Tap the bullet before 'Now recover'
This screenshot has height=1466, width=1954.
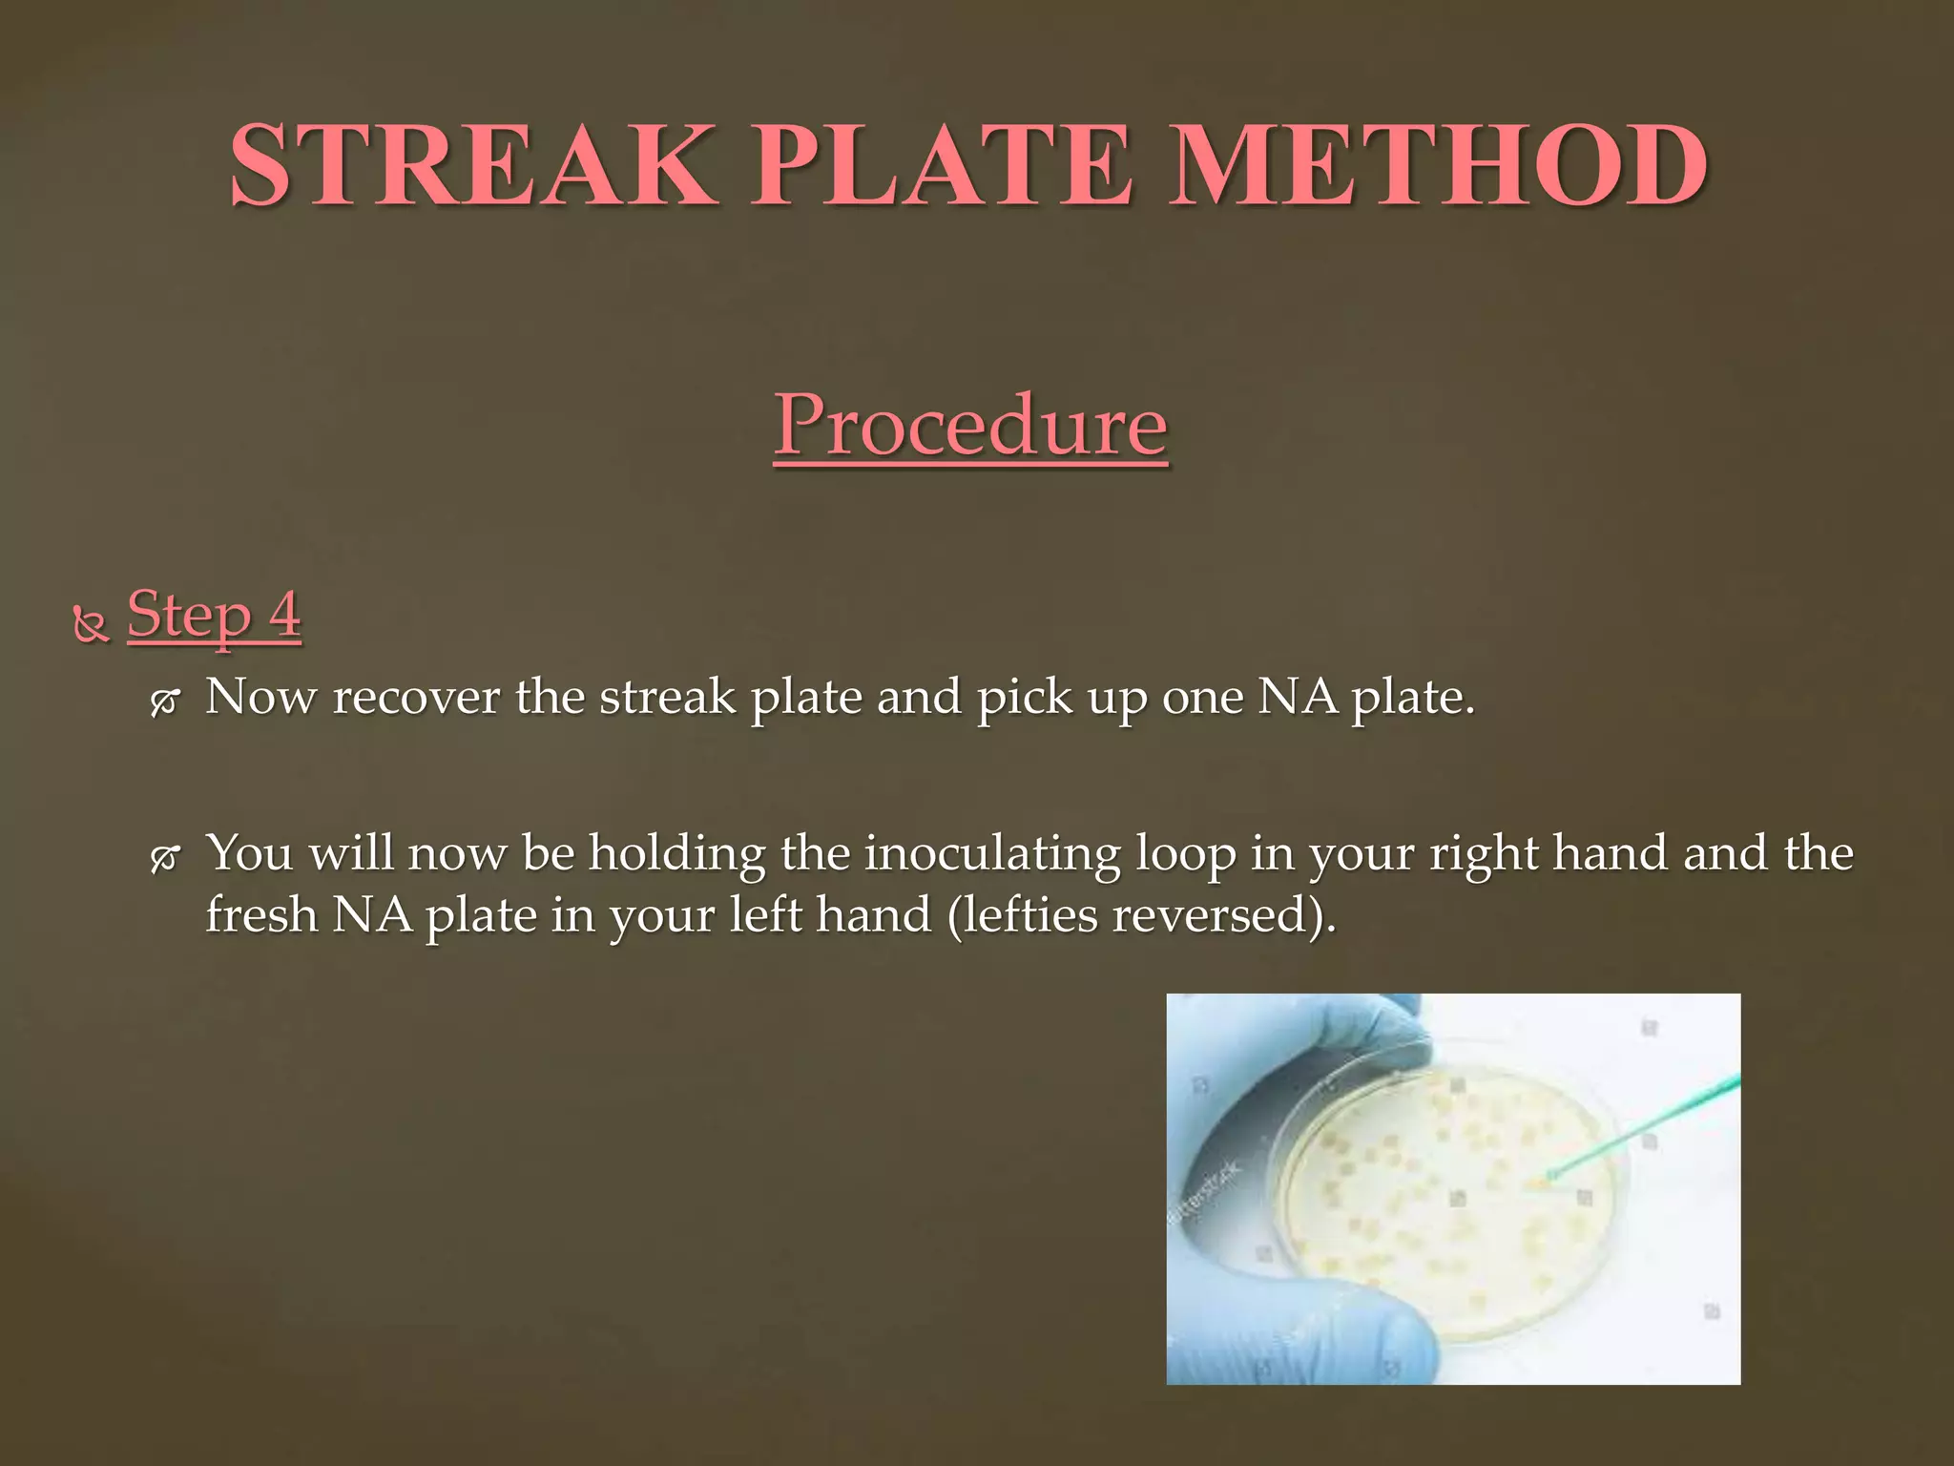[x=164, y=702]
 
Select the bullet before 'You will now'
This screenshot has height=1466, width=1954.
[x=164, y=859]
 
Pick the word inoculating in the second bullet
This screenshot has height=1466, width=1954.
[x=992, y=854]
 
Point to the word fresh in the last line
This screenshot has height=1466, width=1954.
[x=261, y=915]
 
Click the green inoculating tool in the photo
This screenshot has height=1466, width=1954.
[x=1641, y=1131]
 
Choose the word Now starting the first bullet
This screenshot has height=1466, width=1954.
[x=260, y=697]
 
